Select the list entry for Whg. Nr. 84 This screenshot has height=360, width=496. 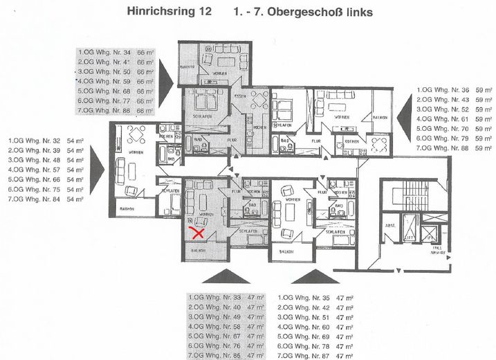coord(46,199)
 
